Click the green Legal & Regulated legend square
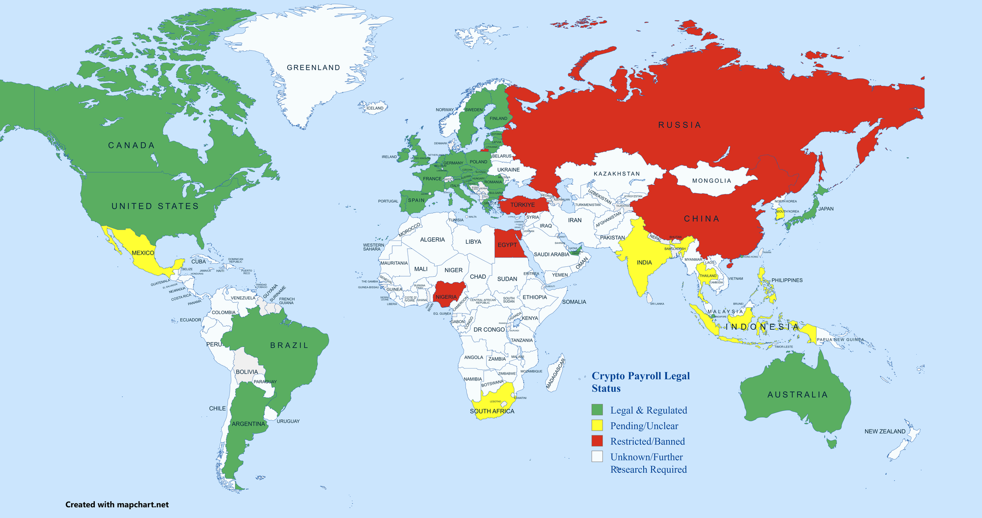click(x=597, y=410)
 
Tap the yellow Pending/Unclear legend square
click(x=597, y=426)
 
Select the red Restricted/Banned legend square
click(x=597, y=441)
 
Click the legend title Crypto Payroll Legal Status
click(x=640, y=382)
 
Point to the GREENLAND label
click(x=313, y=68)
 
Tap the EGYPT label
click(x=507, y=245)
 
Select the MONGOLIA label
click(x=711, y=181)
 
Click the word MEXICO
click(x=143, y=253)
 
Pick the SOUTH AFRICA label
click(x=492, y=411)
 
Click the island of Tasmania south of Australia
click(x=831, y=443)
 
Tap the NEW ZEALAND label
click(x=885, y=432)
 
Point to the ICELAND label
click(x=375, y=108)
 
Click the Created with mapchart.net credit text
click(x=117, y=505)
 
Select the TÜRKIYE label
click(x=522, y=205)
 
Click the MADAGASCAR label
click(x=556, y=374)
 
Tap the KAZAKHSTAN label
click(x=617, y=174)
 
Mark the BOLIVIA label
click(x=246, y=372)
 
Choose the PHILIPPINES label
click(x=787, y=280)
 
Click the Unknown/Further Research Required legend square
click(x=597, y=457)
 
